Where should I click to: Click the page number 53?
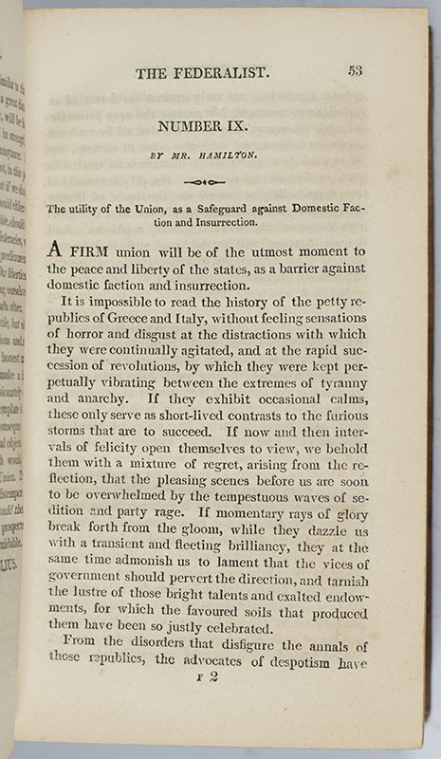(x=356, y=70)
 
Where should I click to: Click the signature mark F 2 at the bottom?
(x=205, y=678)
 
